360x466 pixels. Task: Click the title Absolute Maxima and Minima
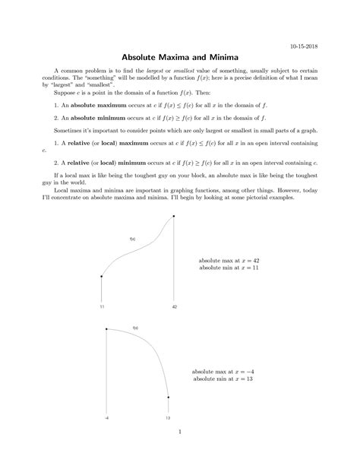coord(180,60)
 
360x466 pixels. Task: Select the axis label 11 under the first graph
coord(101,306)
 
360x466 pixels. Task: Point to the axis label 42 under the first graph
coord(175,306)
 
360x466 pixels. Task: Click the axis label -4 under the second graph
coord(106,417)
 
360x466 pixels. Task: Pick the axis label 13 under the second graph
coord(167,417)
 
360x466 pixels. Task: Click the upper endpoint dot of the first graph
coord(175,217)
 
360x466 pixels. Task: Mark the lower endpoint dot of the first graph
coord(101,277)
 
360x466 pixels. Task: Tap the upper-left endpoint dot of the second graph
coord(106,329)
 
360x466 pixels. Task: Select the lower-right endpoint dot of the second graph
coord(167,397)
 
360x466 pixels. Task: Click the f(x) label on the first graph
coord(132,239)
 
